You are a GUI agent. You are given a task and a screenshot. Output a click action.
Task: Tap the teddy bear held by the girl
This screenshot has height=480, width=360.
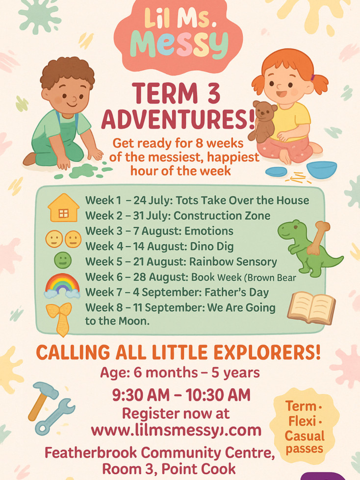262,122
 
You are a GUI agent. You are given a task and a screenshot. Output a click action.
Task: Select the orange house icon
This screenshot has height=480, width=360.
64,207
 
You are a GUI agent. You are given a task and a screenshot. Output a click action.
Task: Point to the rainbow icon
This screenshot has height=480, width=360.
62,286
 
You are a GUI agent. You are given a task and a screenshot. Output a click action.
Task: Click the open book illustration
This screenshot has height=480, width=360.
311,307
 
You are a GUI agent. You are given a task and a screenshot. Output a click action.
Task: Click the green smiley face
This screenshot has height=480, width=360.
63,260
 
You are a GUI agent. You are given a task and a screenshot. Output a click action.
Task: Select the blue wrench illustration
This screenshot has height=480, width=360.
55,417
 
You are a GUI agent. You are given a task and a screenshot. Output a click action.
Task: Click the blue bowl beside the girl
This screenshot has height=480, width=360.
321,170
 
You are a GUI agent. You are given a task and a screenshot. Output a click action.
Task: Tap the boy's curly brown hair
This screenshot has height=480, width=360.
68,72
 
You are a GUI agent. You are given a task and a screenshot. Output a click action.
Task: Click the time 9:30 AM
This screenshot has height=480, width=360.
140,395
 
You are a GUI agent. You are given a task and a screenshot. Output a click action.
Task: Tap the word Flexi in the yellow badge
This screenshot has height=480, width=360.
302,421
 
